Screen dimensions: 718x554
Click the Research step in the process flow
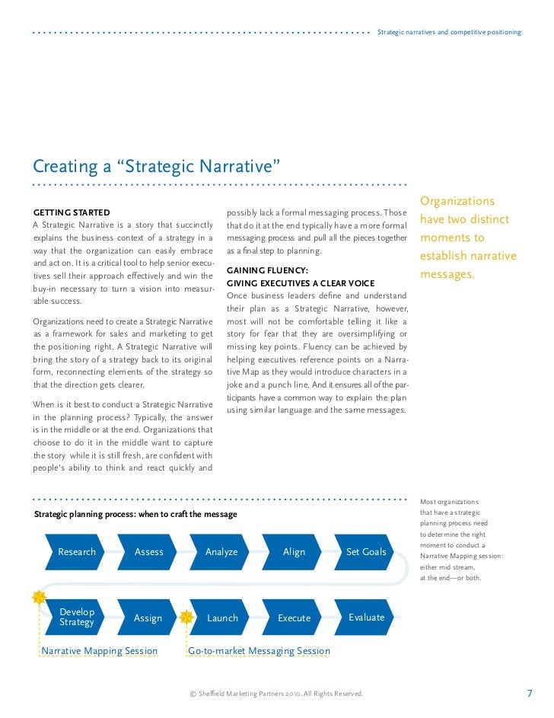click(77, 552)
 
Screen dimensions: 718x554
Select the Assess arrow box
click(148, 552)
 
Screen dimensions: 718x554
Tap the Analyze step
click(221, 552)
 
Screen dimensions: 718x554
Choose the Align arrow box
click(294, 552)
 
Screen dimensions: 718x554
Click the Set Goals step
click(366, 552)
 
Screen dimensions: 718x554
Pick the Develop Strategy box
click(77, 617)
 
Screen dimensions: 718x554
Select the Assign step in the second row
click(148, 618)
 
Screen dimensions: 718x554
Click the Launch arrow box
click(222, 618)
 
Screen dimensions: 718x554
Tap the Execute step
click(294, 618)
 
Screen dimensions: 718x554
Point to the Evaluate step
click(366, 617)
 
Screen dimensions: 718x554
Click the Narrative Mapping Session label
click(100, 651)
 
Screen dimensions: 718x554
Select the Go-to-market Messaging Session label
click(259, 651)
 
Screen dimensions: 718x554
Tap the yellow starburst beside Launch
click(186, 617)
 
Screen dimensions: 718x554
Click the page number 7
click(530, 694)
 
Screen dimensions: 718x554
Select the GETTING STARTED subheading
click(72, 212)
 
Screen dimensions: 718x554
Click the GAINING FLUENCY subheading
click(267, 270)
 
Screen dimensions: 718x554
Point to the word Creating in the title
click(65, 166)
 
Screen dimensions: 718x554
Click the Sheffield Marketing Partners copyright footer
click(276, 694)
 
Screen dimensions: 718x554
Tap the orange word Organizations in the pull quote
click(457, 202)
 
